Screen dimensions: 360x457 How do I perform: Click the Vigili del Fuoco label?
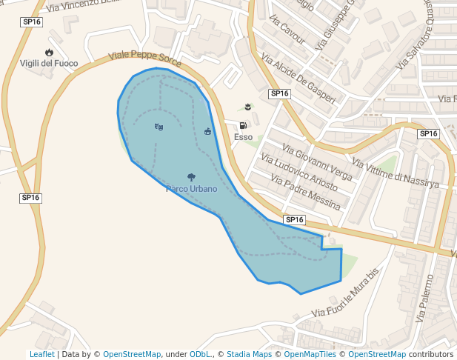click(x=49, y=64)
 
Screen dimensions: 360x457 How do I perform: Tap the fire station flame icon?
click(x=49, y=52)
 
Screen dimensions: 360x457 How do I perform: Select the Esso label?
click(x=243, y=137)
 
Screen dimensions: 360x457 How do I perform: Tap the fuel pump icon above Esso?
click(x=243, y=125)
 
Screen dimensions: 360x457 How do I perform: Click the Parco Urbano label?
click(x=192, y=189)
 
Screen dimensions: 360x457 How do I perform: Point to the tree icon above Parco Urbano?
click(x=192, y=177)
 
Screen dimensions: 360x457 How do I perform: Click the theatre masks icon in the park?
click(x=159, y=127)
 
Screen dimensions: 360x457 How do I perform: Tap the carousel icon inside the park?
click(x=207, y=132)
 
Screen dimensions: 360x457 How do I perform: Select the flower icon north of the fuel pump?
click(x=247, y=107)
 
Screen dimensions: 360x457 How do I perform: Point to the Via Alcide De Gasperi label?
click(x=298, y=78)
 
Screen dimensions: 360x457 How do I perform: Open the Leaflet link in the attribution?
click(x=41, y=354)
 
